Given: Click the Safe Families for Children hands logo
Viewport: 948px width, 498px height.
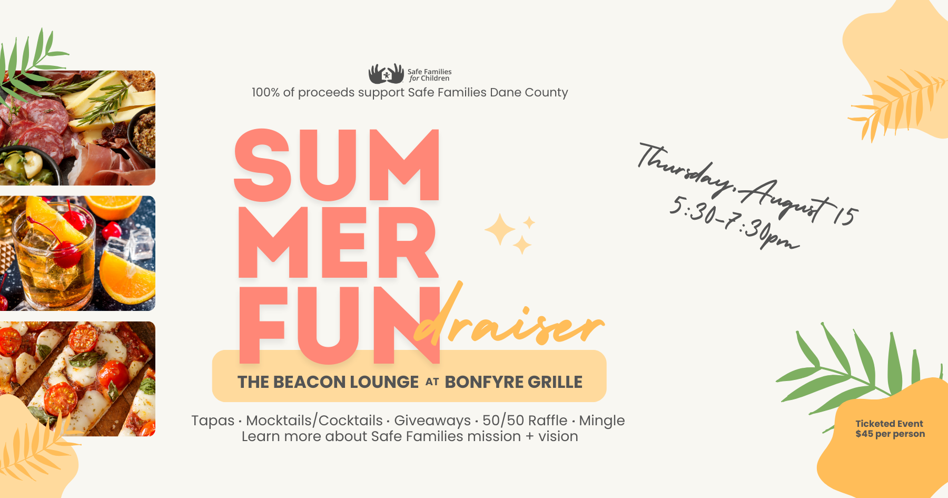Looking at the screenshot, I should click(386, 74).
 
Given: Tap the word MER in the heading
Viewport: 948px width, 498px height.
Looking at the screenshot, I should click(338, 242).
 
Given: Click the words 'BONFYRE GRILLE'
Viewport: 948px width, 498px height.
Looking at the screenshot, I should click(513, 382).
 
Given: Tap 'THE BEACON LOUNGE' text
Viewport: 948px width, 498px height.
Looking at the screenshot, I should click(328, 382).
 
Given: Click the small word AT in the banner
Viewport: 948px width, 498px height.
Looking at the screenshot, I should click(432, 382).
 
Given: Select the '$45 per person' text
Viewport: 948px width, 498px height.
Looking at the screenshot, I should click(890, 434).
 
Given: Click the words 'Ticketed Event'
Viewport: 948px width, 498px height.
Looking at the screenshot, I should click(889, 424).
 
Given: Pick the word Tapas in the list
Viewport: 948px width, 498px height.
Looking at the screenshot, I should click(213, 421).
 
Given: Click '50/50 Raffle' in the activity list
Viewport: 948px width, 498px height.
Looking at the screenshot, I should click(525, 421).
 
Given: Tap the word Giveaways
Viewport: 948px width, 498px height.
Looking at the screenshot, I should click(432, 421).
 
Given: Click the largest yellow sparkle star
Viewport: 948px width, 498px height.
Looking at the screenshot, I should click(500, 230).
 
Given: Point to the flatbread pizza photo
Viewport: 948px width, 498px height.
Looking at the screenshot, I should click(77, 378).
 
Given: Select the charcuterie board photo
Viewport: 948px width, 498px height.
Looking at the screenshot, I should click(77, 128).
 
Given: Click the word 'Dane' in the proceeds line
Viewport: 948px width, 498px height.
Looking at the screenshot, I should click(505, 93).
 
